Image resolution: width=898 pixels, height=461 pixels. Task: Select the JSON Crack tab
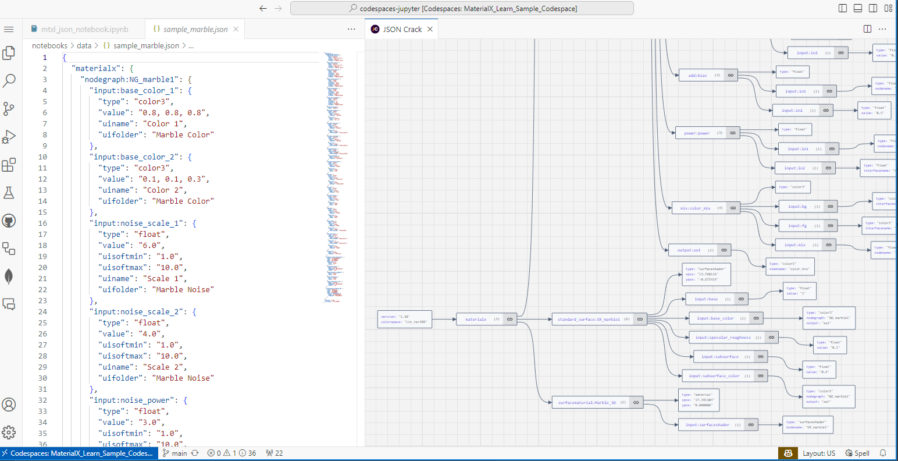pos(402,29)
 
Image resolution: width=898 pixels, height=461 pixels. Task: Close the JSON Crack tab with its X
pos(430,29)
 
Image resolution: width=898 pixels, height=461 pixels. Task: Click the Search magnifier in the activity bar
pos(9,80)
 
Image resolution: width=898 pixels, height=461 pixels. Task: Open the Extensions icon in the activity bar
pos(9,165)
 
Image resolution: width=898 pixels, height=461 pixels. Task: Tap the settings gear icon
pos(9,432)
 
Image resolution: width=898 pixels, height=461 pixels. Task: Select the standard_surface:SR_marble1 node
pos(589,319)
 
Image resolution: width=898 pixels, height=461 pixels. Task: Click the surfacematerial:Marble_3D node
pos(587,402)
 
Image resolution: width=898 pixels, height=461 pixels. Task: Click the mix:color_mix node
pos(695,208)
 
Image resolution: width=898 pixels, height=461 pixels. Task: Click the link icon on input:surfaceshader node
pos(751,425)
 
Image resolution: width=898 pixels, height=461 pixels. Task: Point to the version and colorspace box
pos(405,319)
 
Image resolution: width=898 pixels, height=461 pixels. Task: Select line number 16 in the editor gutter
pos(42,223)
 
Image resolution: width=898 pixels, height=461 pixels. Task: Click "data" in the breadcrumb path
pos(84,45)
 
